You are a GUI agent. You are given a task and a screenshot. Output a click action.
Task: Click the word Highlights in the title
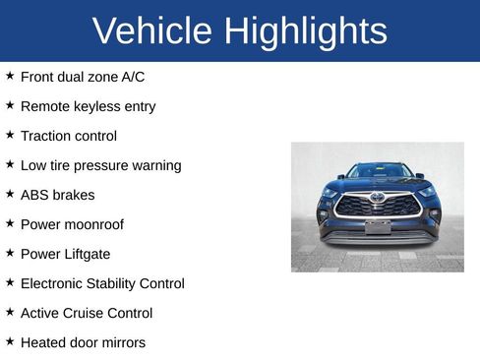(305, 31)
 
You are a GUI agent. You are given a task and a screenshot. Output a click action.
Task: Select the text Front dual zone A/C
(83, 76)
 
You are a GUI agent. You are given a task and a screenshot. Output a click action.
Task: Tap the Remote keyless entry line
(88, 105)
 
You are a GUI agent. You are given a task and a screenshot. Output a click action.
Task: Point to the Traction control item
(68, 136)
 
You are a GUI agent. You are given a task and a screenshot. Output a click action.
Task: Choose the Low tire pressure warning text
(100, 165)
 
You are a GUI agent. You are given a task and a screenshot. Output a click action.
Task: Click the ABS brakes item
(57, 195)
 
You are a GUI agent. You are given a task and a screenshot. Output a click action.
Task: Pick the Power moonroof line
(72, 224)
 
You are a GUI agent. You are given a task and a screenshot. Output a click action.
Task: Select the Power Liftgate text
(65, 254)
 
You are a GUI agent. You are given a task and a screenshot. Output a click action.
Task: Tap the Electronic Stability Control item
(102, 283)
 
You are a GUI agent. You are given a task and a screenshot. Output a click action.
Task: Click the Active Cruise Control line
(87, 313)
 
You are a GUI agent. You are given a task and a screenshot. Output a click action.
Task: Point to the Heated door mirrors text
(83, 342)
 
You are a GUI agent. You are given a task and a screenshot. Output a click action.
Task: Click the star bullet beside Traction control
(10, 134)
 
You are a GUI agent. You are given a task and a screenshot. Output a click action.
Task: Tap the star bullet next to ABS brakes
(10, 193)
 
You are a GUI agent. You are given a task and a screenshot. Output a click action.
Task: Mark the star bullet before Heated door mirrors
(10, 340)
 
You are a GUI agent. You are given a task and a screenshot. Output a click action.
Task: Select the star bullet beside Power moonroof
(10, 222)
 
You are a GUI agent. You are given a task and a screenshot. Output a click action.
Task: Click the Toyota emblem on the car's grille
(378, 197)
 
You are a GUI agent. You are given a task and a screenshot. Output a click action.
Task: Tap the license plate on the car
(378, 227)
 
